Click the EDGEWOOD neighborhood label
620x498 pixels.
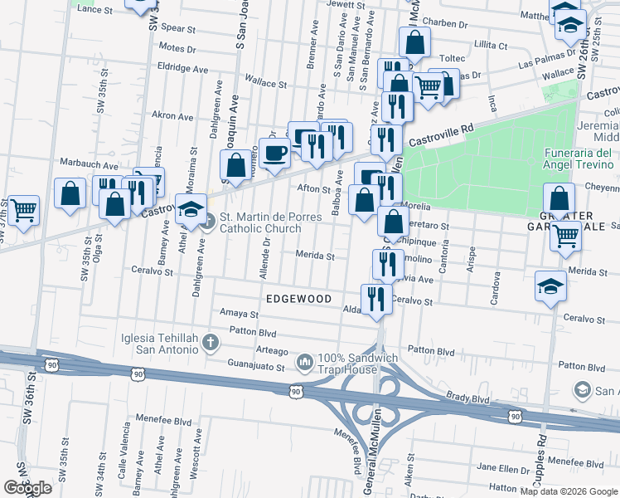pyautogui.click(x=298, y=299)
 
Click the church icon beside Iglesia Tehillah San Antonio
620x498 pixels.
pyautogui.click(x=211, y=341)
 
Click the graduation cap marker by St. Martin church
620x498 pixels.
pyautogui.click(x=191, y=208)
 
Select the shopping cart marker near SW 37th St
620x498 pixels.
pyautogui.click(x=22, y=209)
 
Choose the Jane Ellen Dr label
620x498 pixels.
pyautogui.click(x=497, y=466)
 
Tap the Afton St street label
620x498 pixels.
pyautogui.click(x=314, y=188)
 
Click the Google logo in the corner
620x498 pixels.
pyautogui.click(x=27, y=488)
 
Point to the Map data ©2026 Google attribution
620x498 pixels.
pyautogui.click(x=567, y=491)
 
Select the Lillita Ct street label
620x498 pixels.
pyautogui.click(x=491, y=44)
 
